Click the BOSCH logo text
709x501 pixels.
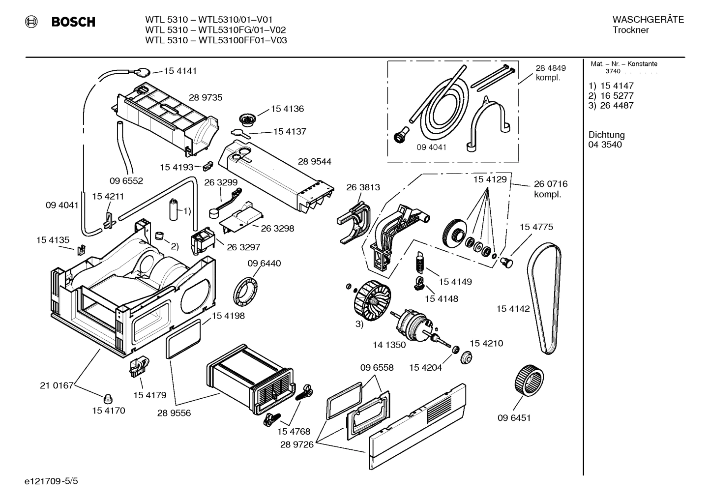[73, 22]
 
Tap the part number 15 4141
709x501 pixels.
[180, 71]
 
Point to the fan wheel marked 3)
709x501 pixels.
[372, 297]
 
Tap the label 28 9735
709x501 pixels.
[206, 97]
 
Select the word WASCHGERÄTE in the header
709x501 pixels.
[648, 20]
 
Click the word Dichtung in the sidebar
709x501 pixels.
[607, 135]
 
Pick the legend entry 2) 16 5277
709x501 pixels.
[611, 95]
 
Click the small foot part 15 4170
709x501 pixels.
[108, 398]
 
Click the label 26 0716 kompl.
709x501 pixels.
[550, 189]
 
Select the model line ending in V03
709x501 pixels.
[216, 40]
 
